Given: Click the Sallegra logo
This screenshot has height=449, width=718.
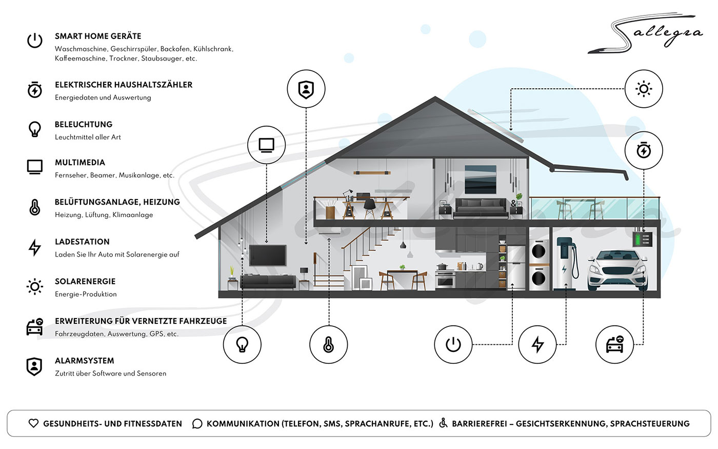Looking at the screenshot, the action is click(x=644, y=34).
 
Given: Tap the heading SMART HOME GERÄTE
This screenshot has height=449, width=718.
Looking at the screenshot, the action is click(x=98, y=36).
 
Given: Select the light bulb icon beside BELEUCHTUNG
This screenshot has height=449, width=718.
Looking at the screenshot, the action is click(x=35, y=129).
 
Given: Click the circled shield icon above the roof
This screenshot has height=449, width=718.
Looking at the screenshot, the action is click(x=306, y=89).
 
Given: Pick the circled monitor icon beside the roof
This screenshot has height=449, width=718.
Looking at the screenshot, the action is click(x=266, y=145).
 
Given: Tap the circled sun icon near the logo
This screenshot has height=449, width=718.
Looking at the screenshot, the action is click(x=644, y=89).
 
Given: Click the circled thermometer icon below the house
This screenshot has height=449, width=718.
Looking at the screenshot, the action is click(x=328, y=344).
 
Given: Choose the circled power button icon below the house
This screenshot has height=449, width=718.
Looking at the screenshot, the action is click(x=453, y=344).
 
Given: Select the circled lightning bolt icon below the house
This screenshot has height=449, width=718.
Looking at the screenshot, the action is click(x=537, y=344).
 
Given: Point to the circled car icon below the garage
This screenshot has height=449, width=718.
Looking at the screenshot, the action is click(x=614, y=344).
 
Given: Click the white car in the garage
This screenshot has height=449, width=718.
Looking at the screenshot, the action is click(x=617, y=270).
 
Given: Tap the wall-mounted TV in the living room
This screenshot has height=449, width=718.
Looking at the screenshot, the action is click(x=268, y=255).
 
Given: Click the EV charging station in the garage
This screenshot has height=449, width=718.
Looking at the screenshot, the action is click(x=566, y=263).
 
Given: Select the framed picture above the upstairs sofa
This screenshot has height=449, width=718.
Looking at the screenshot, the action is click(x=480, y=180).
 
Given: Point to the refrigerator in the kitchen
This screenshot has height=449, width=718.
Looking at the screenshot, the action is click(x=516, y=268).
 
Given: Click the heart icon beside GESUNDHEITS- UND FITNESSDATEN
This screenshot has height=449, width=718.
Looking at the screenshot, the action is click(x=33, y=423).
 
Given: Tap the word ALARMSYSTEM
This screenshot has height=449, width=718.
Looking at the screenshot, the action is click(x=84, y=361).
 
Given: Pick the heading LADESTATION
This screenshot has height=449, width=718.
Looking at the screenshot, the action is click(x=82, y=242).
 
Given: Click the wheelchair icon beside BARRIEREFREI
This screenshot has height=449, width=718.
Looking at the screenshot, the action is click(x=443, y=423).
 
